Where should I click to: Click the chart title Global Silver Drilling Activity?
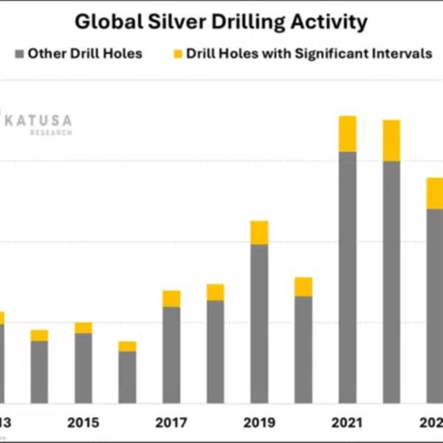(221, 22)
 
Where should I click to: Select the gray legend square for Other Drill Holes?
(19, 54)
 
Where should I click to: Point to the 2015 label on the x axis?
(83, 423)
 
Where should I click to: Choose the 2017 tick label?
(171, 423)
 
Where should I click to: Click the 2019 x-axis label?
(259, 423)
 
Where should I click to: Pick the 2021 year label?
(347, 423)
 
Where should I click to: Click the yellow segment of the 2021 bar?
(347, 134)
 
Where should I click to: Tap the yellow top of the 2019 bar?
(259, 233)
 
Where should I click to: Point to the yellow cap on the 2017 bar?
(171, 298)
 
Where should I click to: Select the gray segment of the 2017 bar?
(171, 354)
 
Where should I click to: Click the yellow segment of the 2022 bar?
(391, 140)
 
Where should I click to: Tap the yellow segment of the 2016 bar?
(127, 346)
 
